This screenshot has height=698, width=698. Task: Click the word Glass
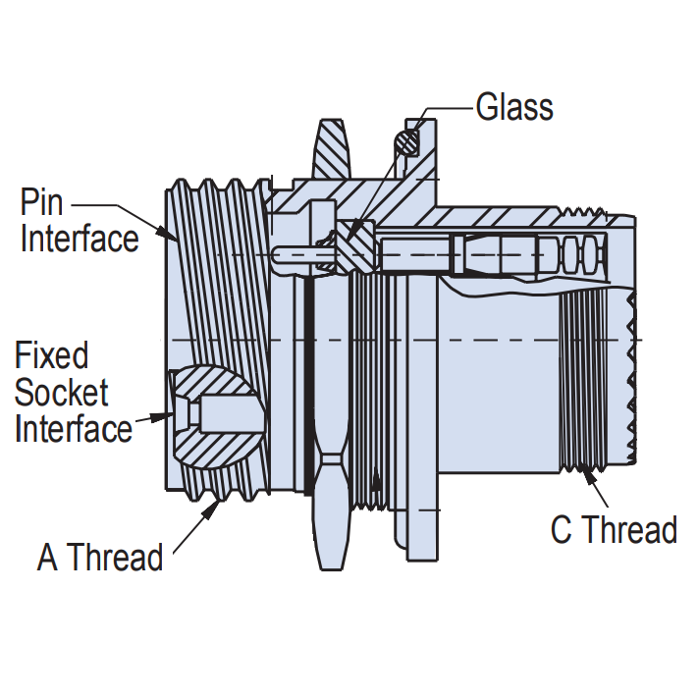click(514, 106)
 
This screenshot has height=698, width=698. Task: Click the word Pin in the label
click(41, 204)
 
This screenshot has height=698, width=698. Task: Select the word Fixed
click(52, 355)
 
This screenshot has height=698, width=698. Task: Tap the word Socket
click(61, 393)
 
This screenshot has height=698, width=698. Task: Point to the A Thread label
click(100, 558)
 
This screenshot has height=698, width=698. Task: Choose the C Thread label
click(614, 530)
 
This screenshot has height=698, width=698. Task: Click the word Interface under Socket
click(74, 429)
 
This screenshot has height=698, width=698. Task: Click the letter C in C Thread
click(562, 530)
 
